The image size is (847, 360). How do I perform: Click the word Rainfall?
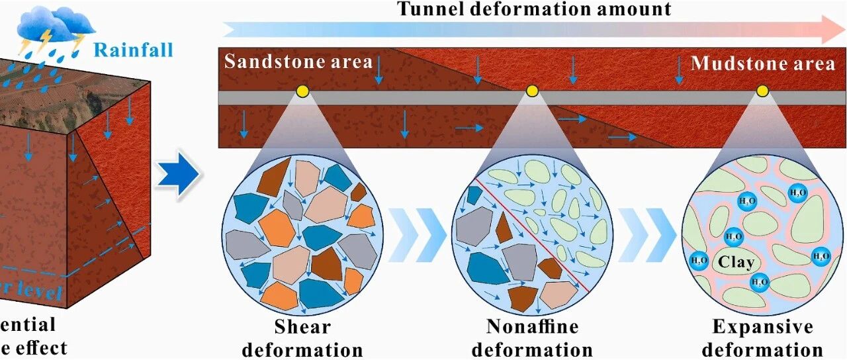[x=133, y=49]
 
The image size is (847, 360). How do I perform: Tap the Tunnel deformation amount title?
[x=533, y=9]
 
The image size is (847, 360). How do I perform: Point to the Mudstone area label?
[x=763, y=64]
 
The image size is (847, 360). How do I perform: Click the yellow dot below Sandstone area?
[x=302, y=91]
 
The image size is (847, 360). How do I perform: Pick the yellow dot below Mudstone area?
[x=762, y=91]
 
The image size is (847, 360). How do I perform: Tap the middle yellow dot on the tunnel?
[x=532, y=91]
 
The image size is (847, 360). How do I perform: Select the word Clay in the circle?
[x=736, y=262]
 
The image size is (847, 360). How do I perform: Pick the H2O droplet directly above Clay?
[x=733, y=236]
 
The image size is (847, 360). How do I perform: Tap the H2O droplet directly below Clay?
[x=759, y=283]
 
